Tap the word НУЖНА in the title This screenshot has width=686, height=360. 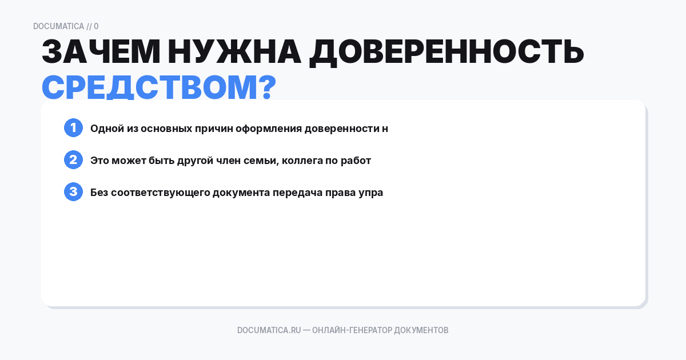click(x=234, y=53)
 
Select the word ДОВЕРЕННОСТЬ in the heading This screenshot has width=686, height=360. click(x=446, y=53)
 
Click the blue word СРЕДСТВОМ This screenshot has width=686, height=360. click(x=146, y=87)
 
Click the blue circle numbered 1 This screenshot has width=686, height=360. click(x=73, y=128)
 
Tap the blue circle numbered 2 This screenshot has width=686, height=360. click(x=73, y=160)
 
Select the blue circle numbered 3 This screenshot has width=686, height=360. click(x=73, y=192)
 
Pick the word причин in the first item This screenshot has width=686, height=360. click(x=217, y=129)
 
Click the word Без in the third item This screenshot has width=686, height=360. click(x=99, y=193)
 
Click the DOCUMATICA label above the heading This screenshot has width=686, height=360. click(x=58, y=26)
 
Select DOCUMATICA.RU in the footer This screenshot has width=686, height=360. click(x=269, y=330)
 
